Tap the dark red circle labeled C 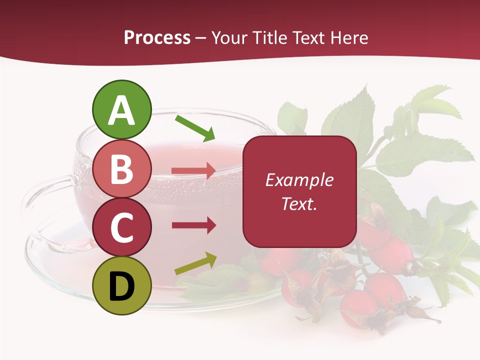tap(122, 227)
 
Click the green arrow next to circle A tap(195, 128)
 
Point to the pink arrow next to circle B tap(193, 171)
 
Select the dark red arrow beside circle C tap(193, 225)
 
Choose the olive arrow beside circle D tap(195, 263)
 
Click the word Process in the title tap(157, 38)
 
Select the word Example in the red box tap(299, 180)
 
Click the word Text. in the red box tap(299, 203)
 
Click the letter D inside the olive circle tap(122, 287)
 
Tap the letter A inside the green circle tap(122, 111)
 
